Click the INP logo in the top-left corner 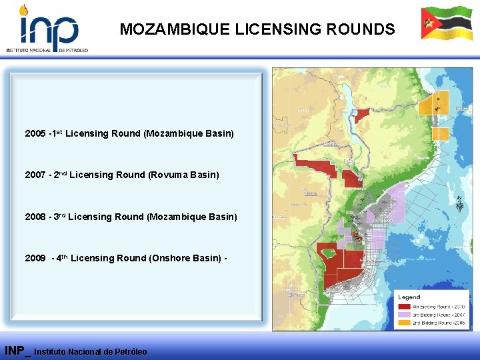pyautogui.click(x=47, y=28)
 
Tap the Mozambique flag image pyautogui.click(x=446, y=24)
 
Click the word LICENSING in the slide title pyautogui.click(x=269, y=29)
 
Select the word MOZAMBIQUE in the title pyautogui.click(x=175, y=29)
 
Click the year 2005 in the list pyautogui.click(x=35, y=133)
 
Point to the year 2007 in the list pyautogui.click(x=35, y=175)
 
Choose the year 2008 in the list pyautogui.click(x=35, y=217)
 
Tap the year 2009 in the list pyautogui.click(x=35, y=258)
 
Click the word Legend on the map pyautogui.click(x=409, y=297)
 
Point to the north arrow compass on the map pyautogui.click(x=459, y=203)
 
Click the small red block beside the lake pyautogui.click(x=362, y=115)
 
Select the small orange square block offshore pyautogui.click(x=440, y=134)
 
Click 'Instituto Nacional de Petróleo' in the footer pyautogui.click(x=91, y=351)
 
